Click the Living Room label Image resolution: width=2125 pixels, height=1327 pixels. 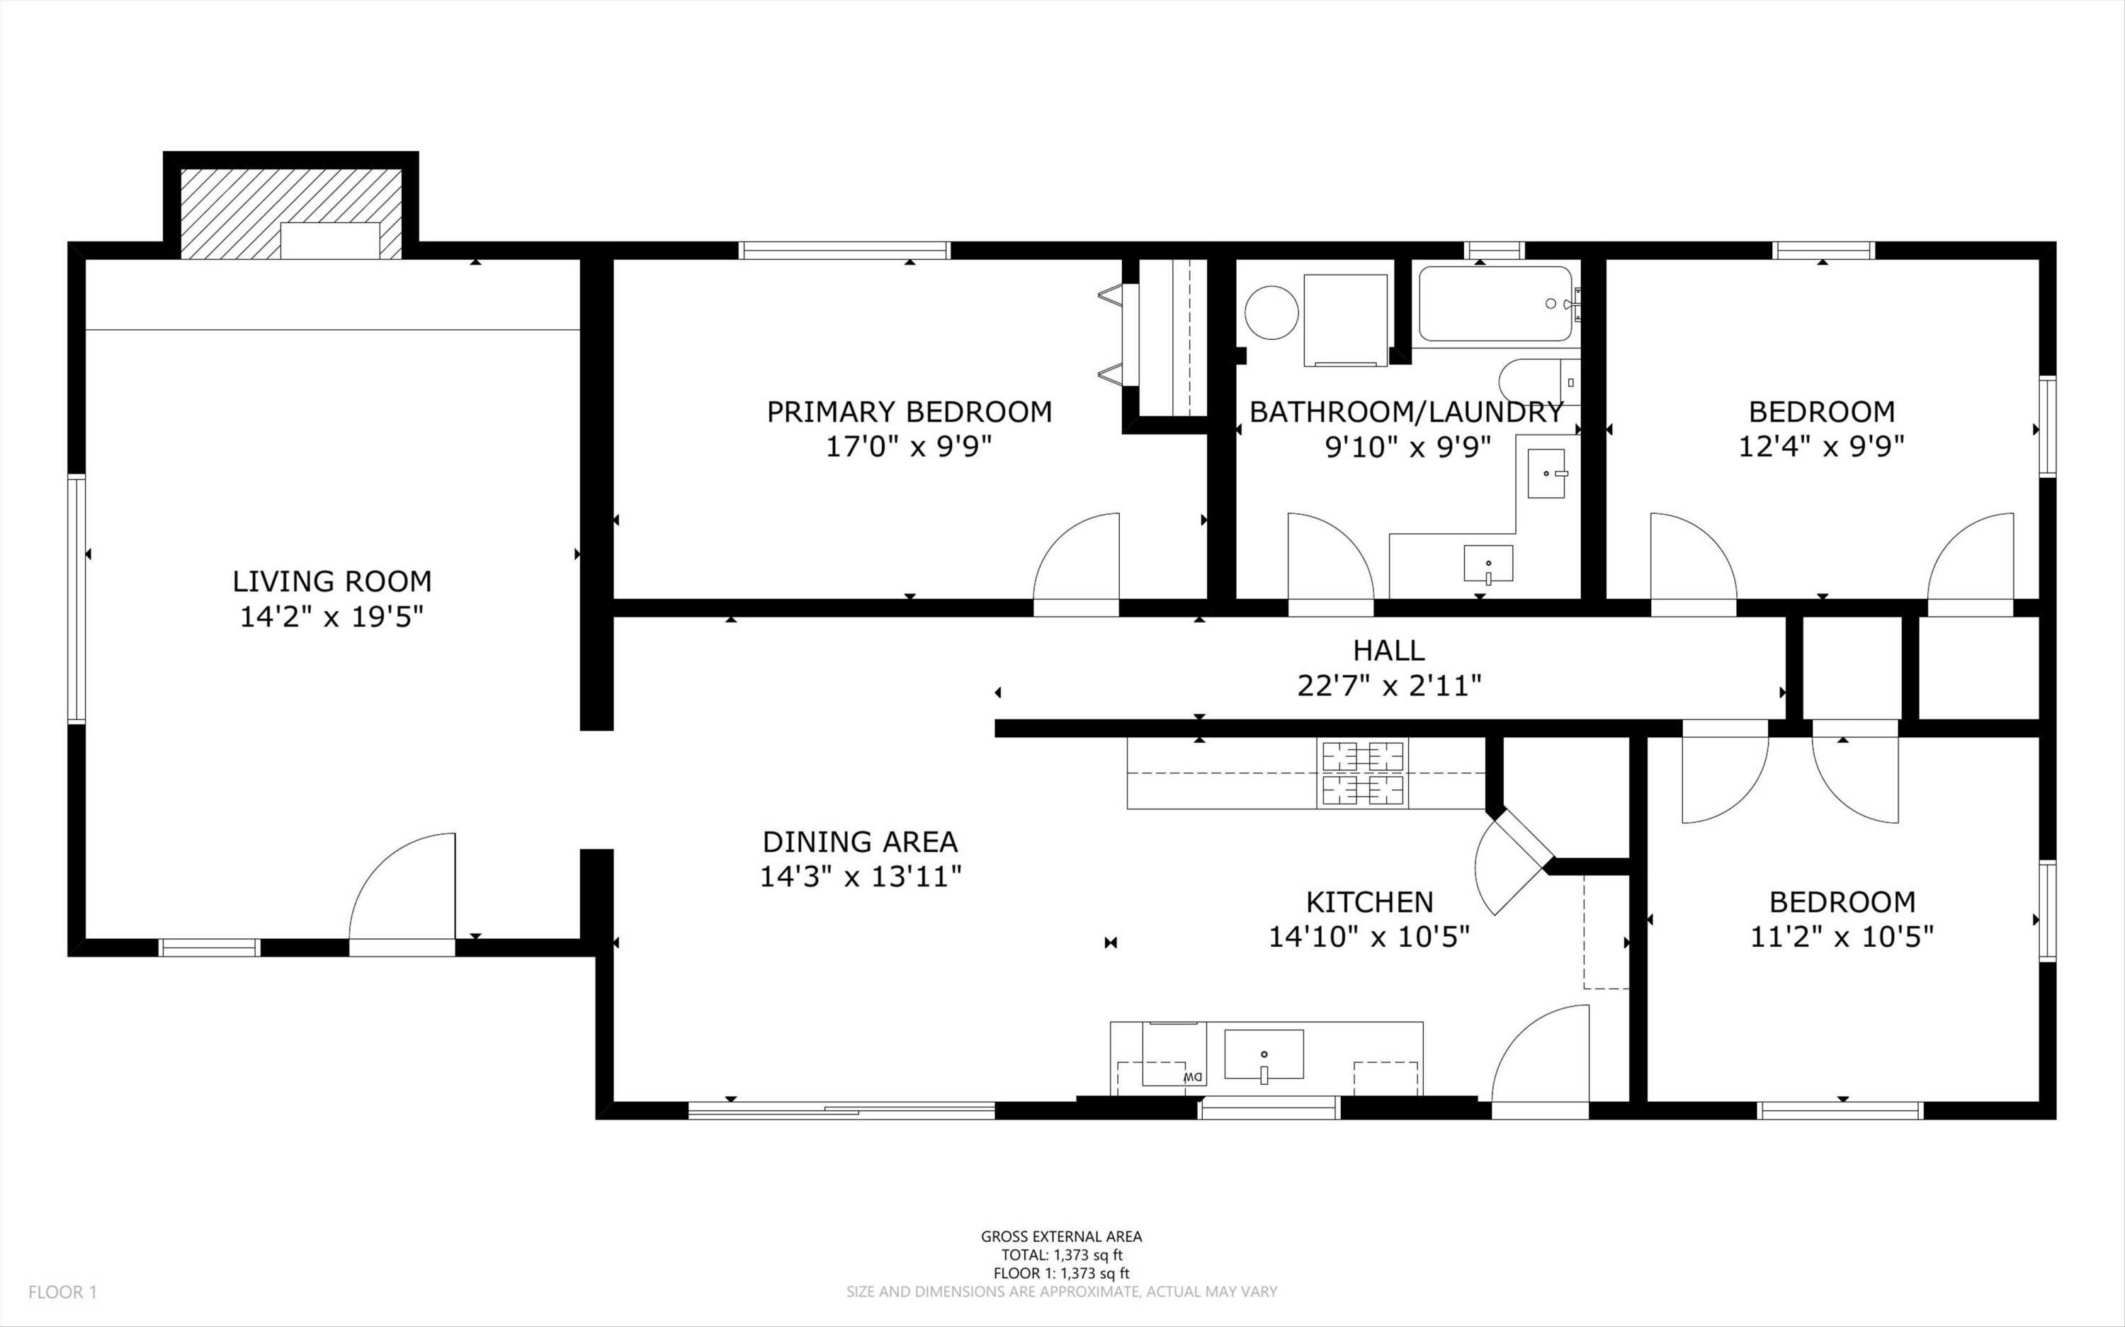tap(331, 581)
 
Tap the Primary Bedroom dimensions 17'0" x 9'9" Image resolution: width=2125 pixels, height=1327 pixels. tap(909, 448)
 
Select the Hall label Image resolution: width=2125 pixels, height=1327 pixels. tap(1388, 650)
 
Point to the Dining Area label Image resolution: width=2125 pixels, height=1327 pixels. tap(860, 842)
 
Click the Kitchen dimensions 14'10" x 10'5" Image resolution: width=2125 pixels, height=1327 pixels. tap(1369, 938)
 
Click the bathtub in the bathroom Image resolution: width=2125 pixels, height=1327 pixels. tap(1495, 304)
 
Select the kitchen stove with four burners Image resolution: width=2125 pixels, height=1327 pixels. tap(1362, 773)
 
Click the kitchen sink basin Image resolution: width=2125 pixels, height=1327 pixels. tap(1264, 1054)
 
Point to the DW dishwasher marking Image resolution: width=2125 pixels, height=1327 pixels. tap(1192, 1076)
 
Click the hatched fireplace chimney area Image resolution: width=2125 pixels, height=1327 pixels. tap(291, 213)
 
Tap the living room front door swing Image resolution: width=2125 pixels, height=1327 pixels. tap(402, 887)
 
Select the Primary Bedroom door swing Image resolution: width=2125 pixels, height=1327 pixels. tap(1076, 557)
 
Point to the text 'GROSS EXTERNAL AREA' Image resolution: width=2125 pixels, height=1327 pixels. tap(1061, 1236)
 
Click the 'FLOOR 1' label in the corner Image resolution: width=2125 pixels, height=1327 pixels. tap(62, 1292)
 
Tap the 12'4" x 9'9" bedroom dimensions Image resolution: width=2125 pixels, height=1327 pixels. tap(1821, 448)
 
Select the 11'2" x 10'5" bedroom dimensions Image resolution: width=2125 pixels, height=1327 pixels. tap(1842, 938)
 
